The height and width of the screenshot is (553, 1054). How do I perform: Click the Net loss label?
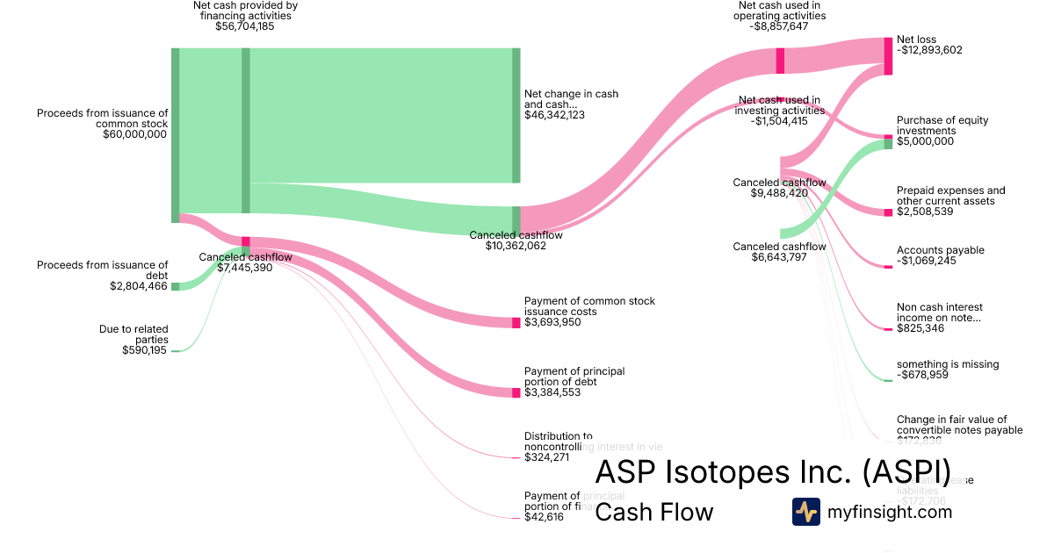(917, 39)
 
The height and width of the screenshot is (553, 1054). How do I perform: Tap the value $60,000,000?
(134, 134)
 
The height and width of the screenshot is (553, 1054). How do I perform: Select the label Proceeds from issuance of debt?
(102, 269)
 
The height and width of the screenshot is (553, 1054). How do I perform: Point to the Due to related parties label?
(134, 334)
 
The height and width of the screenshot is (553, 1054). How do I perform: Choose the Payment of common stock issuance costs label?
(589, 306)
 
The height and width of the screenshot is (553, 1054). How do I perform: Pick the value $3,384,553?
(553, 392)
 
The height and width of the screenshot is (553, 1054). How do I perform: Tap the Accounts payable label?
(940, 250)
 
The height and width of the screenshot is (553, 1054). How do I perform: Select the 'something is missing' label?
(948, 364)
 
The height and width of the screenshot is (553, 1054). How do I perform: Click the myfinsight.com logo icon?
(805, 512)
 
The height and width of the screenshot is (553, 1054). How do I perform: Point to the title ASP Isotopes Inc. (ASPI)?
(772, 471)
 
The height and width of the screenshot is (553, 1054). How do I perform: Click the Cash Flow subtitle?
(654, 512)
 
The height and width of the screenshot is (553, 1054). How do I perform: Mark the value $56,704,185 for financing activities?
(245, 26)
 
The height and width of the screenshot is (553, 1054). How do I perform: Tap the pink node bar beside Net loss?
(888, 55)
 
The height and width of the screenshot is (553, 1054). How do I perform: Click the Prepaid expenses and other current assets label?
(950, 196)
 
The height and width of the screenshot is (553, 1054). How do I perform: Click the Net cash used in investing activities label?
(781, 105)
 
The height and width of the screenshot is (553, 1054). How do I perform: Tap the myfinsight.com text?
(890, 512)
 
